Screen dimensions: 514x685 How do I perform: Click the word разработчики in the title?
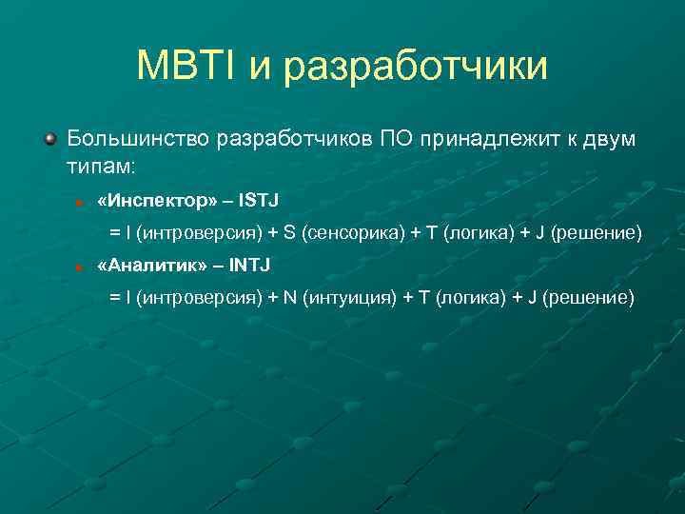pyautogui.click(x=416, y=68)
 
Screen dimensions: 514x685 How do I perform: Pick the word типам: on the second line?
pyautogui.click(x=101, y=166)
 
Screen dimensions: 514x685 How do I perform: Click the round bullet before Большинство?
pyautogui.click(x=50, y=139)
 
